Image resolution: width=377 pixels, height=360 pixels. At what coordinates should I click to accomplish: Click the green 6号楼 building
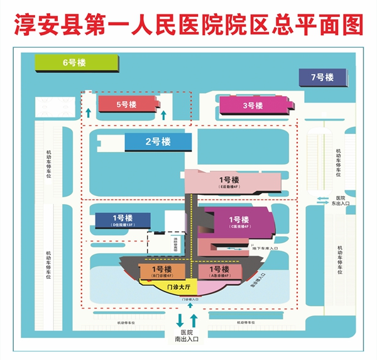tap(76, 63)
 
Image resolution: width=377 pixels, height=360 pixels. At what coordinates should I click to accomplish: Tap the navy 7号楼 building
tap(322, 77)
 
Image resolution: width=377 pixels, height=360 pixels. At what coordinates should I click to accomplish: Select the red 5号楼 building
tap(126, 104)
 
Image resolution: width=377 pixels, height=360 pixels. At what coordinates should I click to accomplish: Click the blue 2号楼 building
tap(158, 143)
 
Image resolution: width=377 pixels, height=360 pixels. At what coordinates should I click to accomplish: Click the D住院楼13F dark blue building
tap(123, 220)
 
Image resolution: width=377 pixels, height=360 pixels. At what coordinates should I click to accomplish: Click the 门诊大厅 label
tap(178, 287)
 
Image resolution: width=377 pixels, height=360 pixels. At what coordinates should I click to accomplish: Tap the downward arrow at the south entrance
tap(180, 320)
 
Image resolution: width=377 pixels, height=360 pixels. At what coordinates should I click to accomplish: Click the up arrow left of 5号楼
tap(89, 113)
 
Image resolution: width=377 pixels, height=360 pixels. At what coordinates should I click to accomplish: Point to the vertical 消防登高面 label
tap(176, 243)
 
